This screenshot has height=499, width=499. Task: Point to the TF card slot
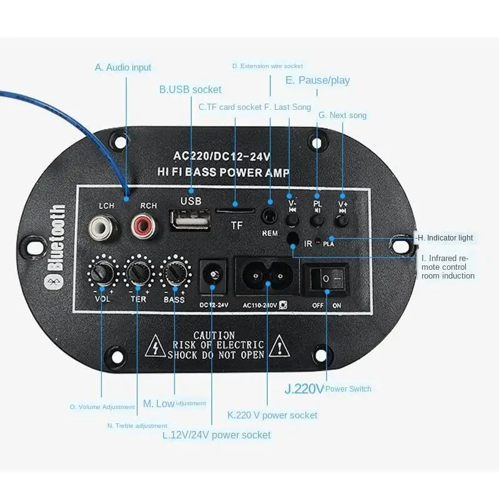(235, 210)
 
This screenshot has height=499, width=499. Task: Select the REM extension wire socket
(270, 216)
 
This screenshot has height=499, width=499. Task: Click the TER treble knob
(138, 272)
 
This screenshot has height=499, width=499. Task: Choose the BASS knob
(174, 272)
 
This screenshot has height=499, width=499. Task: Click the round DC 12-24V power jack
(212, 274)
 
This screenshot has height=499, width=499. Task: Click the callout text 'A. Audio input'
(123, 67)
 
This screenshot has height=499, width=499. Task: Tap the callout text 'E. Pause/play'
(317, 80)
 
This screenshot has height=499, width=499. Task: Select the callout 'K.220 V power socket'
(272, 415)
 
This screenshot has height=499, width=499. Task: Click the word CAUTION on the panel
(214, 335)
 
